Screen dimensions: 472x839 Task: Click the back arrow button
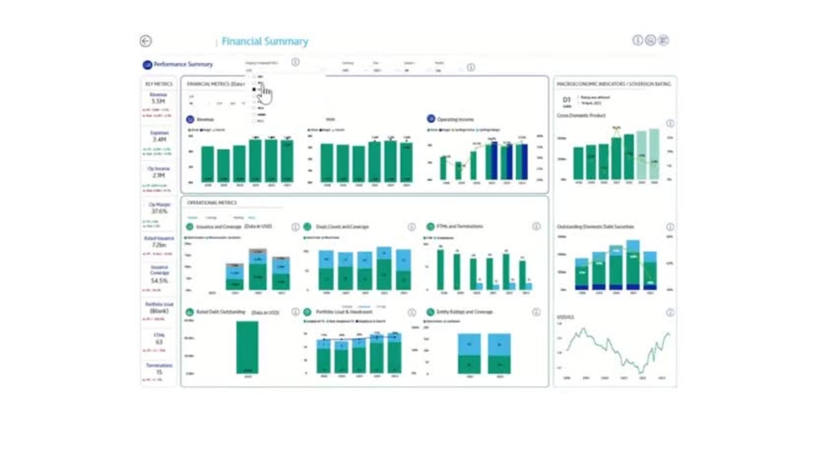pos(146,41)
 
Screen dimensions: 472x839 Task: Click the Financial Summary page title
pos(265,41)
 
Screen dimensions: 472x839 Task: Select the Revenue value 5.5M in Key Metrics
pos(159,101)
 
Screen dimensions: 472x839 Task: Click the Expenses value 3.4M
pos(159,139)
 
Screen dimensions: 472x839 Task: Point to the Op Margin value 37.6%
pos(159,211)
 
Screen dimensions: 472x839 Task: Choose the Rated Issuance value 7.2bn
pos(159,245)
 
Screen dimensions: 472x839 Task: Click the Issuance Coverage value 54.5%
pos(159,281)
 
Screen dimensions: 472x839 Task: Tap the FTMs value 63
pos(159,342)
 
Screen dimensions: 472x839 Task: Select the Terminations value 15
pos(159,372)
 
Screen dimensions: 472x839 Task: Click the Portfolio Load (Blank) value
pos(159,311)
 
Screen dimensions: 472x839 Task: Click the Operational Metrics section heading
pos(211,203)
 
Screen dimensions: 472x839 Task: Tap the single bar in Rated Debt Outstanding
pos(247,347)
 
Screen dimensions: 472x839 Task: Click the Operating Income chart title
pos(455,120)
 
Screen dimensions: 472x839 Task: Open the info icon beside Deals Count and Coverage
pos(411,227)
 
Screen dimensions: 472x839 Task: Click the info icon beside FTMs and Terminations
pos(536,227)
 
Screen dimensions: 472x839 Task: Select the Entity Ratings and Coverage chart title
pos(465,312)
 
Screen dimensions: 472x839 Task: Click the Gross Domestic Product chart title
pos(581,115)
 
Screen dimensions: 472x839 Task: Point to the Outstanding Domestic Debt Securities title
pos(595,227)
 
